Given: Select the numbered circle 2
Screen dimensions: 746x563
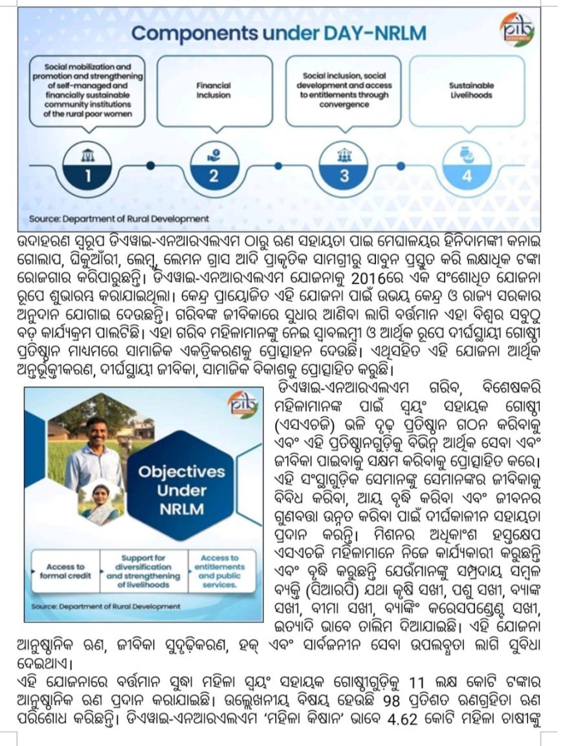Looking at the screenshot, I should (x=213, y=166).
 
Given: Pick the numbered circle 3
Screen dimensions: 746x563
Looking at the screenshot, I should (x=344, y=166).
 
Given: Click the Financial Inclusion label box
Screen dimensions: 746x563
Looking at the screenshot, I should (x=214, y=90).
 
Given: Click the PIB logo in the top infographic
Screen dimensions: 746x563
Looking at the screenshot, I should (x=517, y=30).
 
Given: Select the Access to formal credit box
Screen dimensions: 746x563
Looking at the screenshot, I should (x=65, y=571).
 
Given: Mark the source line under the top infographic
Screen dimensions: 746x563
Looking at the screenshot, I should (x=118, y=219).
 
